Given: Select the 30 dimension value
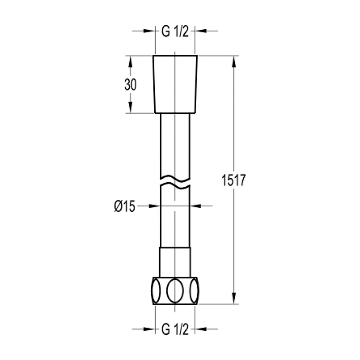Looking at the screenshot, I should (x=130, y=84).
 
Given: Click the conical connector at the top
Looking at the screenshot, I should (x=175, y=84).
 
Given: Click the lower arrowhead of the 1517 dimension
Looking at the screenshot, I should (x=233, y=298).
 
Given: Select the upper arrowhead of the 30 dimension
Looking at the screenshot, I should (x=130, y=62).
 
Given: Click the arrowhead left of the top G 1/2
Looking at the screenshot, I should (x=149, y=31).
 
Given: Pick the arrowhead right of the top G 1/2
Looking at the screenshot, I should (x=201, y=31).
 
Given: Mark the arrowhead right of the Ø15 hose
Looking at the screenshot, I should (x=196, y=206).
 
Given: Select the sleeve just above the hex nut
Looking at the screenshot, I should (x=175, y=261).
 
